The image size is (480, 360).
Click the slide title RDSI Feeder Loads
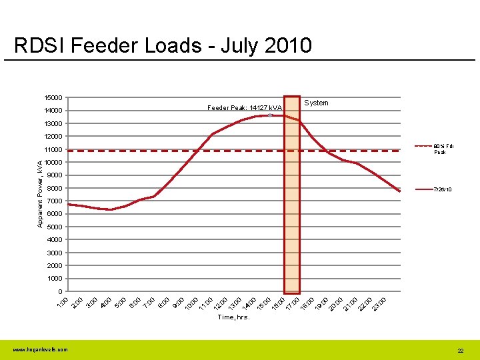pyautogui.click(x=163, y=46)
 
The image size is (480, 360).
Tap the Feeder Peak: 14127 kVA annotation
pyautogui.click(x=244, y=107)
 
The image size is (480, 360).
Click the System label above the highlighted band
pyautogui.click(x=316, y=103)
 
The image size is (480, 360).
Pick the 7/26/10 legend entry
pyautogui.click(x=443, y=189)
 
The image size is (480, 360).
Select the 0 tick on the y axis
pyautogui.click(x=60, y=291)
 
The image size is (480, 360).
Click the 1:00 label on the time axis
pyautogui.click(x=62, y=301)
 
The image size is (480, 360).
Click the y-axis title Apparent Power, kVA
pyautogui.click(x=40, y=193)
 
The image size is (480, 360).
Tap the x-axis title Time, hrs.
pyautogui.click(x=233, y=317)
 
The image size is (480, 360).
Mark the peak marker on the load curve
pyautogui.click(x=270, y=115)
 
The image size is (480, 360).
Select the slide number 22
pyautogui.click(x=460, y=350)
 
